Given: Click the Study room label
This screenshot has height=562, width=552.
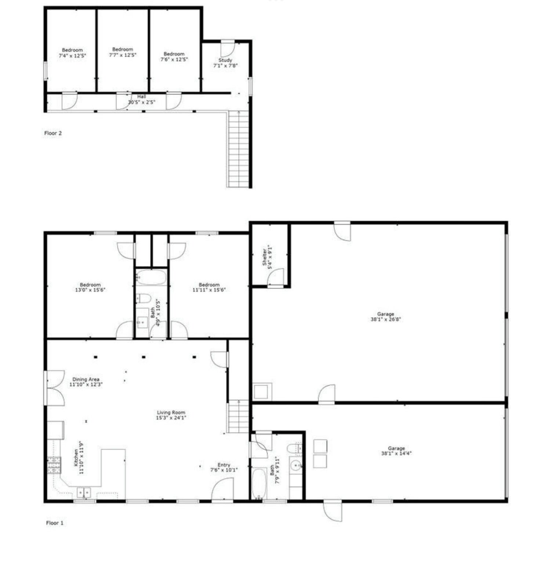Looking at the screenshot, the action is pyautogui.click(x=225, y=60).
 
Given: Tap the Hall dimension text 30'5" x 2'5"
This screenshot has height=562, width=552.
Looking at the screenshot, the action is pyautogui.click(x=142, y=102).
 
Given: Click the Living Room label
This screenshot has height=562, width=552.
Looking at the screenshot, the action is pyautogui.click(x=171, y=412).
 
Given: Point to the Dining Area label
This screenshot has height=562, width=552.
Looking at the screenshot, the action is pyautogui.click(x=86, y=379).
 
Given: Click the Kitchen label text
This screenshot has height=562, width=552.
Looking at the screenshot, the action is pyautogui.click(x=76, y=458).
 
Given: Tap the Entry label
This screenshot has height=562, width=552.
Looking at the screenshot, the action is pyautogui.click(x=224, y=465).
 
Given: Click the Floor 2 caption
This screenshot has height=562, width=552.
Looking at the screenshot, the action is pyautogui.click(x=53, y=133).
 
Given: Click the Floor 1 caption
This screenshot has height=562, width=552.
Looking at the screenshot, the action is pyautogui.click(x=55, y=523).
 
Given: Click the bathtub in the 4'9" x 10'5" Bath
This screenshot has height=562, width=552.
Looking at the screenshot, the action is pyautogui.click(x=151, y=278).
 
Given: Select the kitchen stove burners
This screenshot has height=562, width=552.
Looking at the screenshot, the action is pyautogui.click(x=54, y=465).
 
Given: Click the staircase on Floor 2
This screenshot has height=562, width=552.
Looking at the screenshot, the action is pyautogui.click(x=239, y=149).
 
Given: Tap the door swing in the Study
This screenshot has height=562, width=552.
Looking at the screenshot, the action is pyautogui.click(x=228, y=49).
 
